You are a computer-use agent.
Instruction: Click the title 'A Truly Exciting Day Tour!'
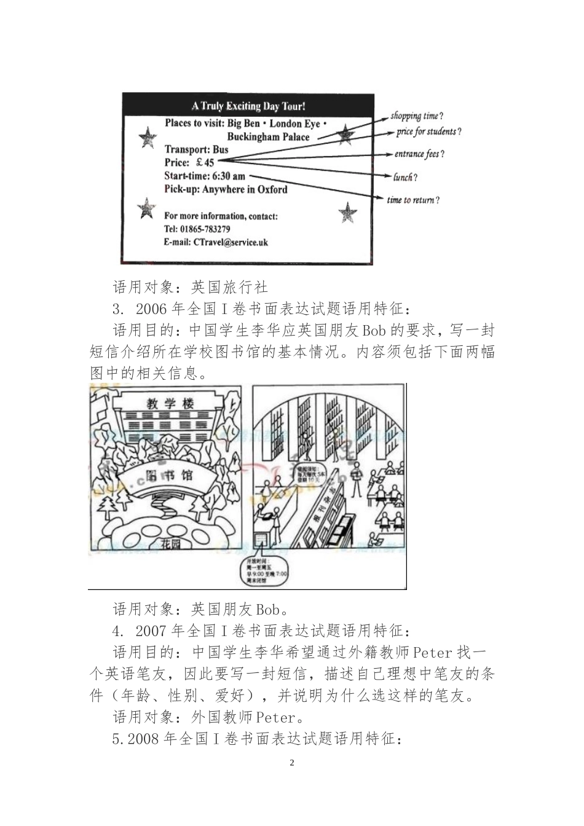click(248, 106)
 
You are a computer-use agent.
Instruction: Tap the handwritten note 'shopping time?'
click(417, 116)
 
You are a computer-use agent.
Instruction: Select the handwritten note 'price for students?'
click(428, 132)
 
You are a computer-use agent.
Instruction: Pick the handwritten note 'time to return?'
click(413, 200)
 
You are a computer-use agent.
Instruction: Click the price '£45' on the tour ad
click(205, 162)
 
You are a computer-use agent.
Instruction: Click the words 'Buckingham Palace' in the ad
click(268, 136)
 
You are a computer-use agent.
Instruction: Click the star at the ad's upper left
click(148, 137)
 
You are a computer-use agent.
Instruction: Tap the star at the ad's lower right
click(347, 213)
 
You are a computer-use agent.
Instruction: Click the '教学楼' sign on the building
click(170, 404)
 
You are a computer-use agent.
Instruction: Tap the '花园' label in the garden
click(169, 543)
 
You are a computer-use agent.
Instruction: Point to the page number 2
click(292, 763)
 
